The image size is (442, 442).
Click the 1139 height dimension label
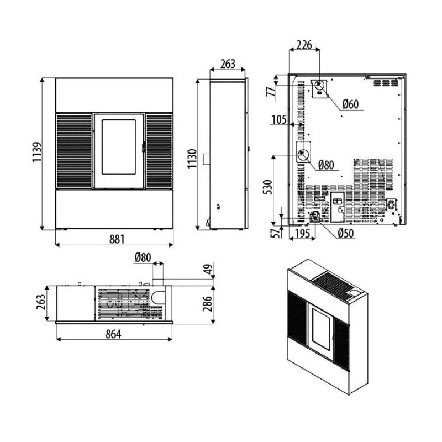37,152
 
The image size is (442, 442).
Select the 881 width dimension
117,239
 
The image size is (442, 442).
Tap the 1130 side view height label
192,159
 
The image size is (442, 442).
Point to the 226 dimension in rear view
304,45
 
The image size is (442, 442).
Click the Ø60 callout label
350,104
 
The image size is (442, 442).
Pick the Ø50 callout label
345,233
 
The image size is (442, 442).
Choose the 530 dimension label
267,187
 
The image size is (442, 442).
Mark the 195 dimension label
303,233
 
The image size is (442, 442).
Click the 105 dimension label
279,119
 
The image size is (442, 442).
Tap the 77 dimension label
271,92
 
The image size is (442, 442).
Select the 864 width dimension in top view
113,334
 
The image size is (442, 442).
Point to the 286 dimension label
208,303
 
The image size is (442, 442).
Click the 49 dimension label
208,269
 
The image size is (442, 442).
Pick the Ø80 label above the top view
143,257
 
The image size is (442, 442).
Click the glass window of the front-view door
119,147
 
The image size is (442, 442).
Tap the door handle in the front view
144,147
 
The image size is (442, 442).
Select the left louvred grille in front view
74,151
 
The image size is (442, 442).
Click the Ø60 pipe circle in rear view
320,84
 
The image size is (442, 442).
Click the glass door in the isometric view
322,328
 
